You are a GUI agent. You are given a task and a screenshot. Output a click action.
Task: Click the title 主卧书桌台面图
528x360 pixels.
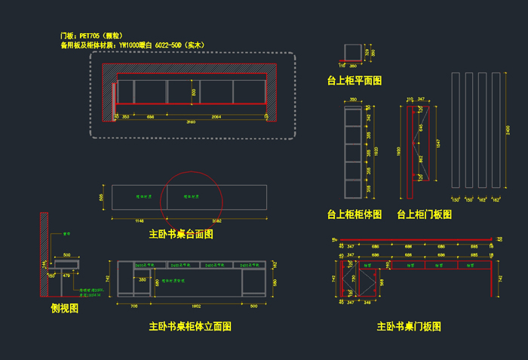[181, 234]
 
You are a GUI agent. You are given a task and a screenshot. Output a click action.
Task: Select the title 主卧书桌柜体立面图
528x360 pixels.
[190, 327]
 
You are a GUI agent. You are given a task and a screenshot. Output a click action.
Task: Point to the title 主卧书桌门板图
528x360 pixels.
[409, 327]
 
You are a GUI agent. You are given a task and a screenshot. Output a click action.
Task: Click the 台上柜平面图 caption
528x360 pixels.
[354, 79]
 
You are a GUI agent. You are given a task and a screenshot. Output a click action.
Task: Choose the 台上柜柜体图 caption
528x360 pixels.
[354, 214]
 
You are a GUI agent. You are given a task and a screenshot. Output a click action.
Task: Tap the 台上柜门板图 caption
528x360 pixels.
[424, 214]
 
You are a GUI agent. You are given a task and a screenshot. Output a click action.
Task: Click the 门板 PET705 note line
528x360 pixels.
[91, 35]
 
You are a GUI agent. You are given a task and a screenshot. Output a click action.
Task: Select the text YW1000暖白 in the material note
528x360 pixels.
[136, 45]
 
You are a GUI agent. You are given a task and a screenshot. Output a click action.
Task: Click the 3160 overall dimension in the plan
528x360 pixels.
[192, 122]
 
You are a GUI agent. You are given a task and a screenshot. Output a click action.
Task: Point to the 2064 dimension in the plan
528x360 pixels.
[216, 116]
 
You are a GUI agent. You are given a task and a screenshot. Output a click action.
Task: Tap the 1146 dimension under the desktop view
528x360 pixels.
[140, 221]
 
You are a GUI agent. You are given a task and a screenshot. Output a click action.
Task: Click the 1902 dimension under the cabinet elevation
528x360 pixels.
[196, 306]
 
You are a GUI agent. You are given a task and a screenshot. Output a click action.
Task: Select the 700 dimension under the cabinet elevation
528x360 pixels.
[134, 306]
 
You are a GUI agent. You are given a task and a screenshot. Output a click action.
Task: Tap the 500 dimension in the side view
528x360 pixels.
[67, 255]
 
